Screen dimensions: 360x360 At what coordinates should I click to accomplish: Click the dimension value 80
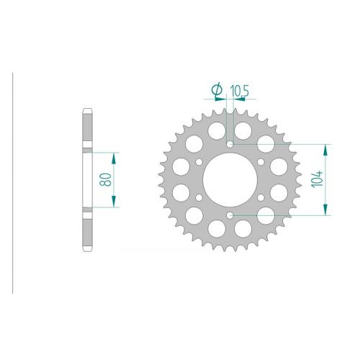tap(105, 180)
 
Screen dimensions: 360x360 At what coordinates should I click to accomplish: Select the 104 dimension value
tap(317, 179)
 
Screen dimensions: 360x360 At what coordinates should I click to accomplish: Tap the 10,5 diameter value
tap(239, 91)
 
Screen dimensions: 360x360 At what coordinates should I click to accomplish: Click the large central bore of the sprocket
tap(230, 180)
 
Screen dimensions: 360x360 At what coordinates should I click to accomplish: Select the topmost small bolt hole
tap(230, 144)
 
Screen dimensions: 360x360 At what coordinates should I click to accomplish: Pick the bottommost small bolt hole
tap(230, 215)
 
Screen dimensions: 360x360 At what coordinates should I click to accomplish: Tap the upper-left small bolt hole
tap(199, 162)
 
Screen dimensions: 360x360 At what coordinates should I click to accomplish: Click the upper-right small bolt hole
tap(261, 162)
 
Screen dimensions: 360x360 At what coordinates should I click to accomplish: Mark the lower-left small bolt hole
tap(199, 197)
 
